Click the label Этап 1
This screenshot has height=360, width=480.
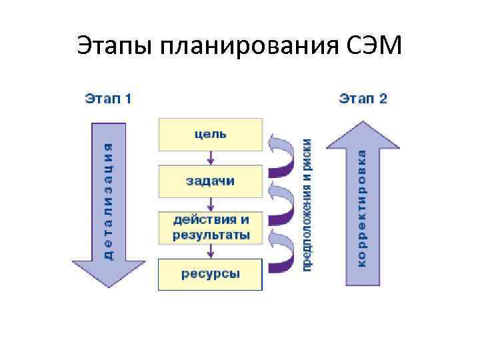point(107,99)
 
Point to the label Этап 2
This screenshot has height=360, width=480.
point(363,99)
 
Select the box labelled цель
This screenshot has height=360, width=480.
point(210,134)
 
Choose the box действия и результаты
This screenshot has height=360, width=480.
point(210,227)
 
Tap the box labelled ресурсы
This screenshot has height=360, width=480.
point(210,275)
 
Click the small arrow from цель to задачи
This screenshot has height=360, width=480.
point(211,157)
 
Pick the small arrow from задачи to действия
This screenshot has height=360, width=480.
point(211,204)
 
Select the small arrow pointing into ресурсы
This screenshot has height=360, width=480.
point(211,251)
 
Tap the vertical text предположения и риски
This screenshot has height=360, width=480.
point(308,203)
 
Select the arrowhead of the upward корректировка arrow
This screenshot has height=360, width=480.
point(362,133)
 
